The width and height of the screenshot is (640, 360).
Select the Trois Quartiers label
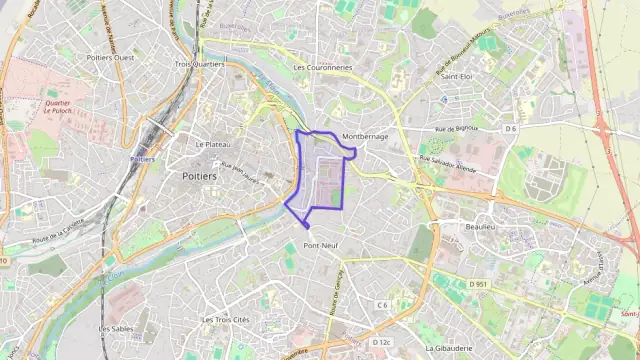200,64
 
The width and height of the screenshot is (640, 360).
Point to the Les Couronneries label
323,68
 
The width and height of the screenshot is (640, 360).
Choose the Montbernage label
365,136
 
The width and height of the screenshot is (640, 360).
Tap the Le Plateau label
213,144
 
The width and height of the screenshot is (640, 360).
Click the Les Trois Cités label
225,320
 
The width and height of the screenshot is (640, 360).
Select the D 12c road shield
381,342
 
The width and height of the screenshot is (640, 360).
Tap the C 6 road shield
382,304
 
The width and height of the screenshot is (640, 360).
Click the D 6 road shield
510,128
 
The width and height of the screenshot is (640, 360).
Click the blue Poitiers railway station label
143,159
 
